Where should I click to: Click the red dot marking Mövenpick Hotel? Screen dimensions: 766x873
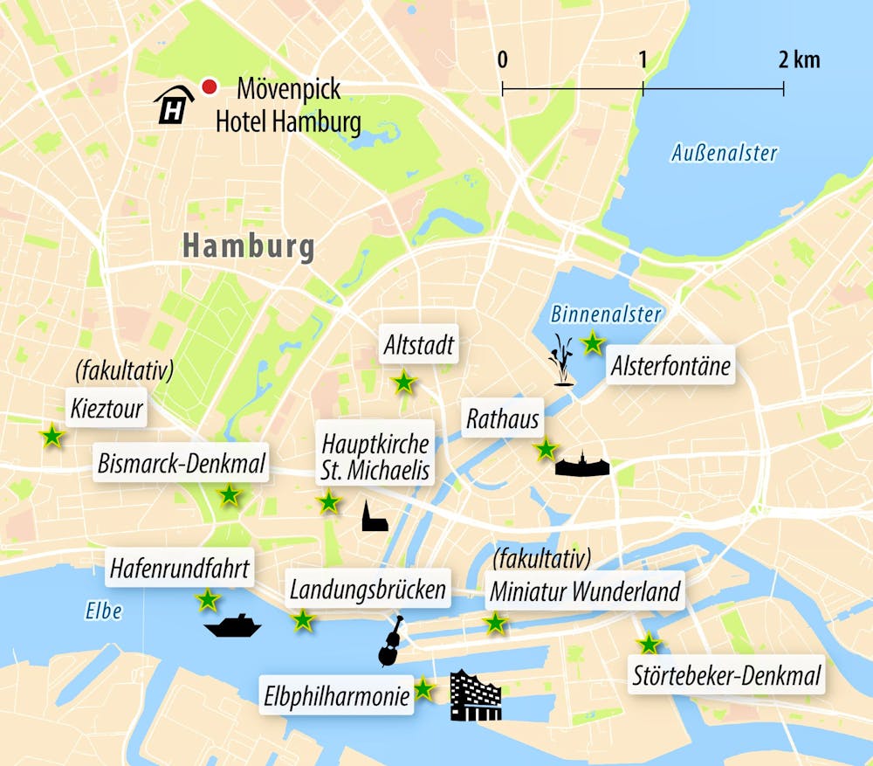tap(209, 86)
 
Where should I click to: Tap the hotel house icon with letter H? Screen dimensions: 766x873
tap(175, 106)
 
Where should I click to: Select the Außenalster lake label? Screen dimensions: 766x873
tap(724, 154)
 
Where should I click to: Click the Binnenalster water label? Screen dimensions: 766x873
tap(606, 314)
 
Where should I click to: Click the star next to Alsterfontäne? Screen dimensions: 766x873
tap(593, 343)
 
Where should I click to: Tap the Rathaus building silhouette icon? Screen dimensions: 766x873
tap(582, 465)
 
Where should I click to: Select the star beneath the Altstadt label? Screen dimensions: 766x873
tap(403, 383)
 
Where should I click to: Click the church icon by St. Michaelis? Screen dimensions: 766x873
tap(374, 517)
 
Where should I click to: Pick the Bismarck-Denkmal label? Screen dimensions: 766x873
tap(182, 464)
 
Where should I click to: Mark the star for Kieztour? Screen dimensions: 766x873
tap(52, 436)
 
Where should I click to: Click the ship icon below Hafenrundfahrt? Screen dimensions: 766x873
tap(232, 626)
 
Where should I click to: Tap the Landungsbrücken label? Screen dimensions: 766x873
tap(368, 590)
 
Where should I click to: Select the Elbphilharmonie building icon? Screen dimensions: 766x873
tap(476, 696)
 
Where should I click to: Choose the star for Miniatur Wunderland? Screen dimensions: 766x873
tap(495, 623)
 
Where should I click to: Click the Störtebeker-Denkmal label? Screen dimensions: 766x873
tap(725, 675)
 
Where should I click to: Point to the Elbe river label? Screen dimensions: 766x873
tap(104, 611)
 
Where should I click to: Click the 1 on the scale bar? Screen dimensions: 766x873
tap(643, 60)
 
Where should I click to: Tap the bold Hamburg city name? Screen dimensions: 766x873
tap(249, 247)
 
